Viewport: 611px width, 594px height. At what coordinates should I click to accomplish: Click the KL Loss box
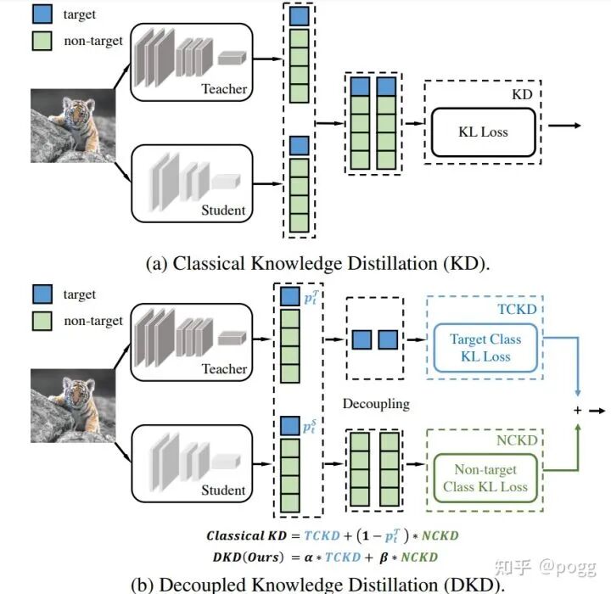point(482,132)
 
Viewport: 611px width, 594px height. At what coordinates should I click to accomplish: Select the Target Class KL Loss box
point(485,348)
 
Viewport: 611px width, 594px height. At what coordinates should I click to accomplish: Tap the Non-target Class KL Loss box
point(485,478)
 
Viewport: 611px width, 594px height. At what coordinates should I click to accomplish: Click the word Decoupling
point(376,404)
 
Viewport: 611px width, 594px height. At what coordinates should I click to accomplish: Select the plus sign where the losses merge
point(578,411)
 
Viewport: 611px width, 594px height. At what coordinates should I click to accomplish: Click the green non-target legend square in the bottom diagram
point(42,321)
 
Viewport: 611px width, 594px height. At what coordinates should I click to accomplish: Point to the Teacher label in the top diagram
point(224,89)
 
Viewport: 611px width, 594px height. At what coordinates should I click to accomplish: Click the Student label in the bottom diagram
point(223,490)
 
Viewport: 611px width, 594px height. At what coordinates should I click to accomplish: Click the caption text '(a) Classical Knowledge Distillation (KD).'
point(318,263)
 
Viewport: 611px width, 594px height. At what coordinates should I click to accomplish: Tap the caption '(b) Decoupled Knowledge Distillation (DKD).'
point(317,585)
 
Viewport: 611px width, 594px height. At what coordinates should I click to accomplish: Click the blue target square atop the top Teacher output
point(299,16)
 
